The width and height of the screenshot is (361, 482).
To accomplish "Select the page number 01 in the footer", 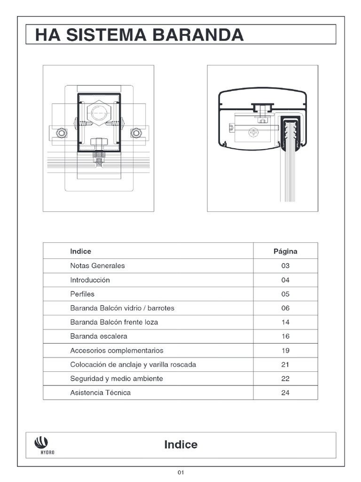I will pyautogui.click(x=180, y=473).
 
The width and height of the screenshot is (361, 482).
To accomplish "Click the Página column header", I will pyautogui.click(x=285, y=251).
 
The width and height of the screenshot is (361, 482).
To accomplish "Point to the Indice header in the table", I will pyautogui.click(x=80, y=251).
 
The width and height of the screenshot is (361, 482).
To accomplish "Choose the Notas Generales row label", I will pyautogui.click(x=97, y=265).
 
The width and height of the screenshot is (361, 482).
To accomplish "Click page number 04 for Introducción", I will pyautogui.click(x=285, y=280).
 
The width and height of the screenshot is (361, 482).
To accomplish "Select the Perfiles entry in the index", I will pyautogui.click(x=82, y=294).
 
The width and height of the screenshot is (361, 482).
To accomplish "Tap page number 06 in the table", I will pyautogui.click(x=285, y=308).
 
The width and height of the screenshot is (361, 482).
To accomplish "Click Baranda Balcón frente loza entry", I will pyautogui.click(x=114, y=322).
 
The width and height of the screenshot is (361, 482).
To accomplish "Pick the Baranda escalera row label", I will pyautogui.click(x=99, y=337).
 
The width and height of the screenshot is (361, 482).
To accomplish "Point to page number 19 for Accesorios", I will pyautogui.click(x=285, y=351).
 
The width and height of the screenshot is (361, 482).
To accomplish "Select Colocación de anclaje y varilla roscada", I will pyautogui.click(x=133, y=365).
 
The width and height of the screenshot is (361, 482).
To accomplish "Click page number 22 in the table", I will pyautogui.click(x=285, y=379).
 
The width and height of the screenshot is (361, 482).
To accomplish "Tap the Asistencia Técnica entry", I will pyautogui.click(x=100, y=393).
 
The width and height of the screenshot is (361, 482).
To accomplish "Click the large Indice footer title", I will pyautogui.click(x=181, y=445).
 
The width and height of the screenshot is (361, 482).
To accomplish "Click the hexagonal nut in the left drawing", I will pyautogui.click(x=99, y=112).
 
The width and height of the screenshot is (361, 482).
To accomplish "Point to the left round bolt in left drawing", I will pyautogui.click(x=62, y=133).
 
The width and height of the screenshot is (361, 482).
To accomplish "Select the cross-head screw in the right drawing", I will pyautogui.click(x=254, y=133).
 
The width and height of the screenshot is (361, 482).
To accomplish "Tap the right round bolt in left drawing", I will pyautogui.click(x=136, y=133).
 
